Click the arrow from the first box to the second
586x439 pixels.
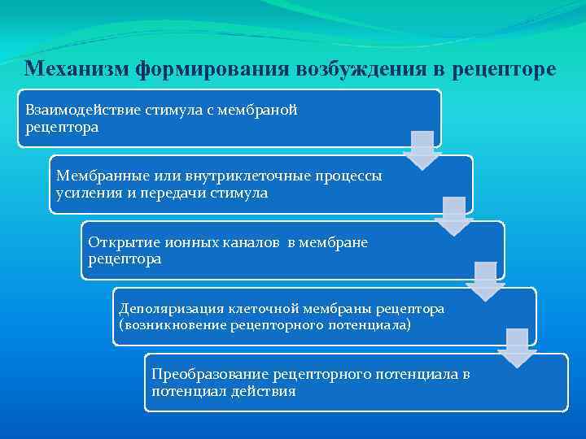pos(422,150)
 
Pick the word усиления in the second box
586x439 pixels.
pos(83,193)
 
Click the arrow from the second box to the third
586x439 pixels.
pos(453,216)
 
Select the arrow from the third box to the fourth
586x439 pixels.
pos(485,281)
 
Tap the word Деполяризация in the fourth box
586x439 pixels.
pos(168,309)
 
